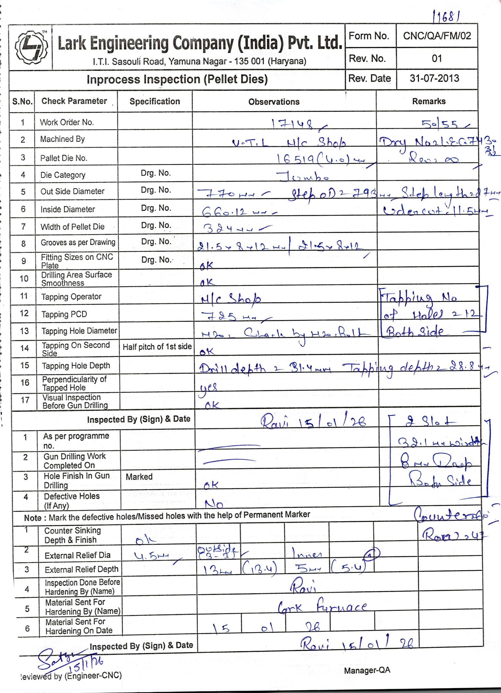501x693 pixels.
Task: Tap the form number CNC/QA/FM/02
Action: point(437,36)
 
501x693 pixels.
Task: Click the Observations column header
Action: point(274,102)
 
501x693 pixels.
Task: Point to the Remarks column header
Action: point(429,102)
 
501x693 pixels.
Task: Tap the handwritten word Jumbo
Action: point(303,176)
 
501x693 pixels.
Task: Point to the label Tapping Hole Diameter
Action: point(79,331)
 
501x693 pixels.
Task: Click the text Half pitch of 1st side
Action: point(157,347)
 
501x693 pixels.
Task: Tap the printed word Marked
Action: point(139,477)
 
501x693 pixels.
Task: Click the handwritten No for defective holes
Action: point(214,505)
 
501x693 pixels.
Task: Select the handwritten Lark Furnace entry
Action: point(322,607)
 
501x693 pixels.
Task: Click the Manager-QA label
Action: point(367,670)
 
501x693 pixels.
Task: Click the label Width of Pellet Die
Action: point(72,227)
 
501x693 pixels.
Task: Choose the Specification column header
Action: point(155,102)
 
